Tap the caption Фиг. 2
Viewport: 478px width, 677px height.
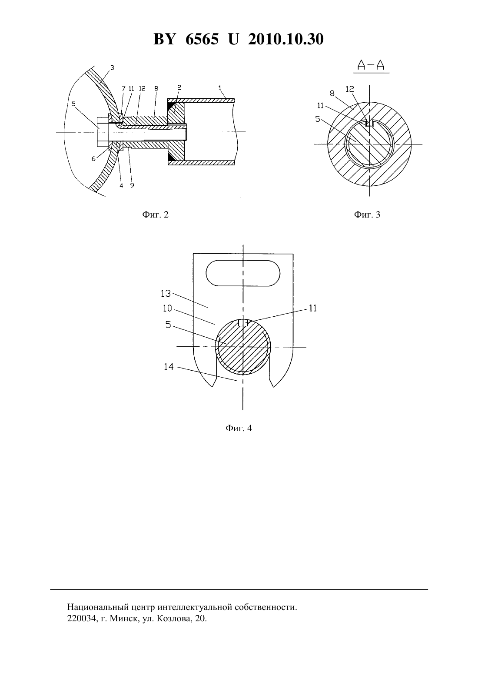pos(155,214)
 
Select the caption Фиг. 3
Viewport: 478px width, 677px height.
pos(367,214)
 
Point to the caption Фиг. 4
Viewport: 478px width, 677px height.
pos(239,428)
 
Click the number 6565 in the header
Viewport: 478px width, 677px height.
pos(202,39)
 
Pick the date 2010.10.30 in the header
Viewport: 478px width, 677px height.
pos(286,39)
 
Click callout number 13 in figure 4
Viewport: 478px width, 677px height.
pos(166,293)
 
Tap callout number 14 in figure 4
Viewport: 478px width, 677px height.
pos(169,367)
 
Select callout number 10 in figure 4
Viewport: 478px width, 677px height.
pos(167,308)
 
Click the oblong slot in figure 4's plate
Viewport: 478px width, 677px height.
pos(243,273)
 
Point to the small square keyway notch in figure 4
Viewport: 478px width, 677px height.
pos(243,323)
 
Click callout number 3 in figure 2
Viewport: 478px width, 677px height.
pos(112,68)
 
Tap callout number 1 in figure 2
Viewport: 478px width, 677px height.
pos(220,87)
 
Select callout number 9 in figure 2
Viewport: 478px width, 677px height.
pos(132,185)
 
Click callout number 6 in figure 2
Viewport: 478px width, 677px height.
pos(93,159)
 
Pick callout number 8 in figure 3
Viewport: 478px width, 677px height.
pos(332,94)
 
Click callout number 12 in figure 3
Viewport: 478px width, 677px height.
pos(350,89)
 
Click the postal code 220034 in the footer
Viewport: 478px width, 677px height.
pos(82,618)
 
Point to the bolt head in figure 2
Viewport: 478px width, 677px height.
pos(103,132)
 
